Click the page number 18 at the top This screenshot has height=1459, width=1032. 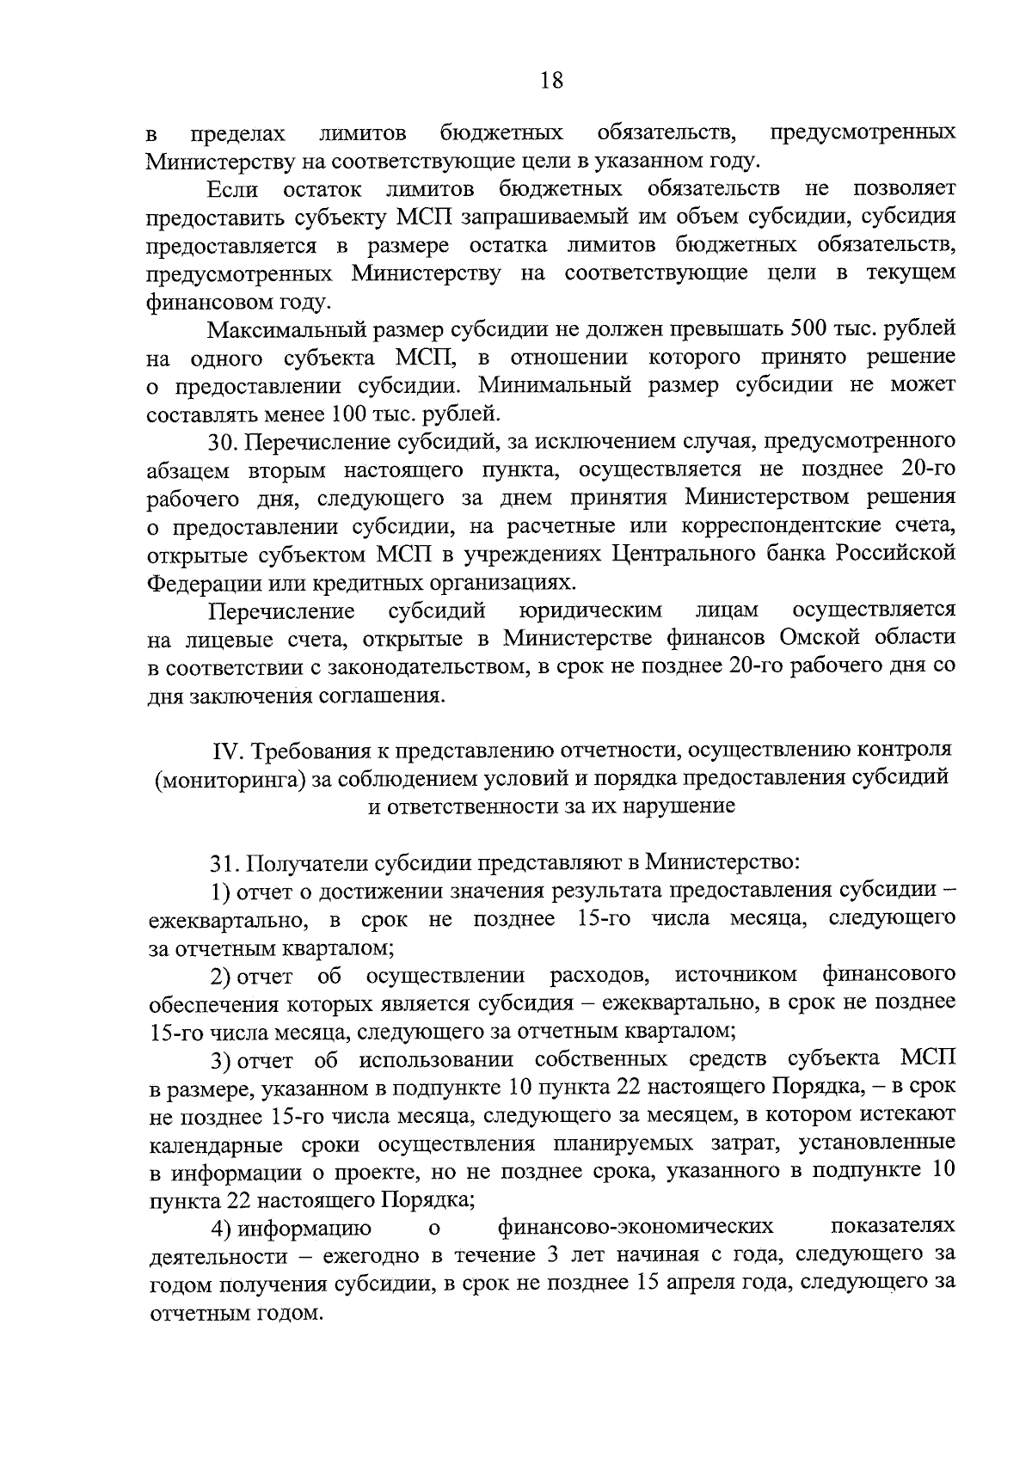551,82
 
